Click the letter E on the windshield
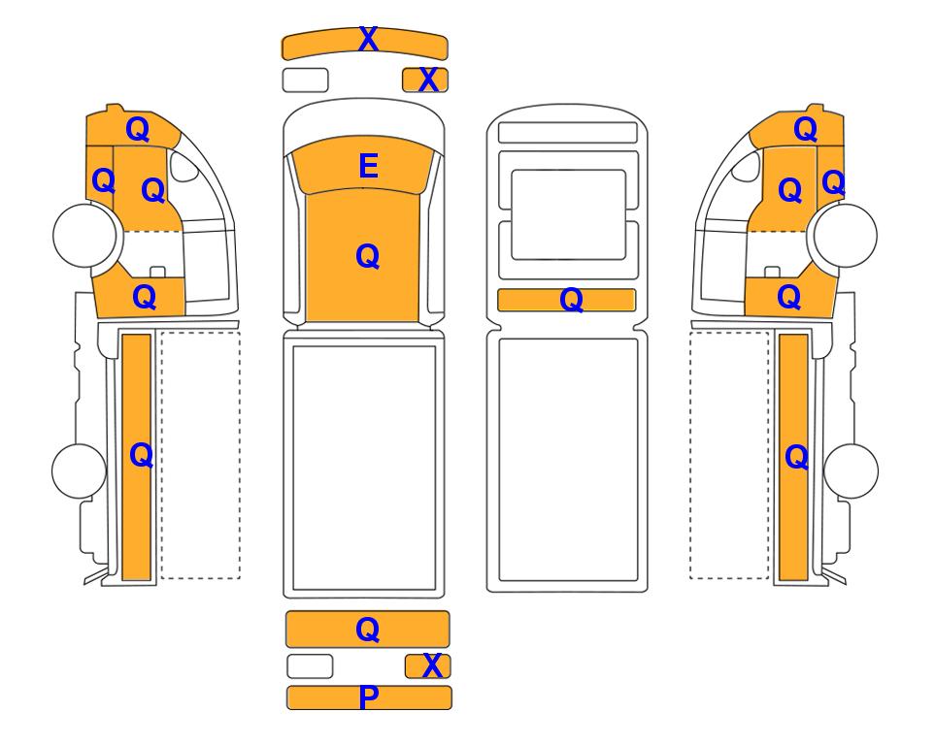(x=369, y=166)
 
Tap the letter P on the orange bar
(x=369, y=697)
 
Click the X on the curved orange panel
(x=368, y=40)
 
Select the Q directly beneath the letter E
(x=367, y=257)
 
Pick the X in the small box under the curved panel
(x=428, y=80)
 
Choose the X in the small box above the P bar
(x=432, y=665)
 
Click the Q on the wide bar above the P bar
(x=367, y=630)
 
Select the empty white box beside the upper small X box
(x=305, y=80)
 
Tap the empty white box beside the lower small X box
(x=310, y=666)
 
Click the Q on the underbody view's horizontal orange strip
(x=571, y=300)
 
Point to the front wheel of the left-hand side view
(x=84, y=236)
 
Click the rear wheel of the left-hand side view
(x=79, y=470)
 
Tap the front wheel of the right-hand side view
(x=846, y=236)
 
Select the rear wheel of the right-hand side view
(x=851, y=470)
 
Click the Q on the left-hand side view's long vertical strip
(x=142, y=456)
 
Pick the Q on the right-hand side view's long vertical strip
(x=797, y=458)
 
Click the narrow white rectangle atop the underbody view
(x=568, y=132)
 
